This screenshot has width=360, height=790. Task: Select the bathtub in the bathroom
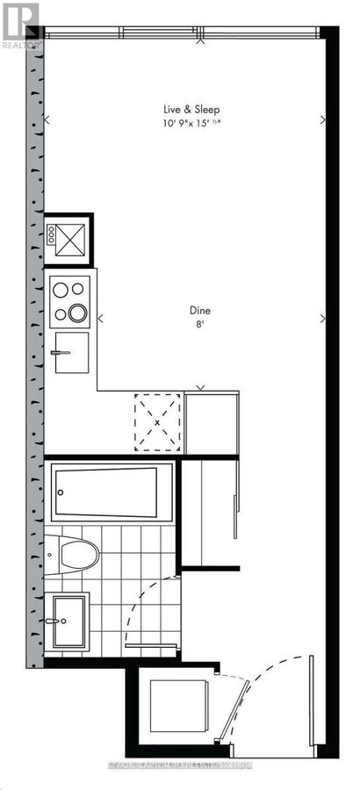112,492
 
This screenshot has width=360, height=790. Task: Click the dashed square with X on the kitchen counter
158,421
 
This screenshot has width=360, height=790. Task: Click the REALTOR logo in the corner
19,24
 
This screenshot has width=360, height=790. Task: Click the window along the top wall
182,33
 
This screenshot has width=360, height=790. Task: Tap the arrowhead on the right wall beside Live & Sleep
323,120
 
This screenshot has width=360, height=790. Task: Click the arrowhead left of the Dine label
100,319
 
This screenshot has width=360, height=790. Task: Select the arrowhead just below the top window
201,39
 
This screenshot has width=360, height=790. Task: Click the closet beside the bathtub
211,509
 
